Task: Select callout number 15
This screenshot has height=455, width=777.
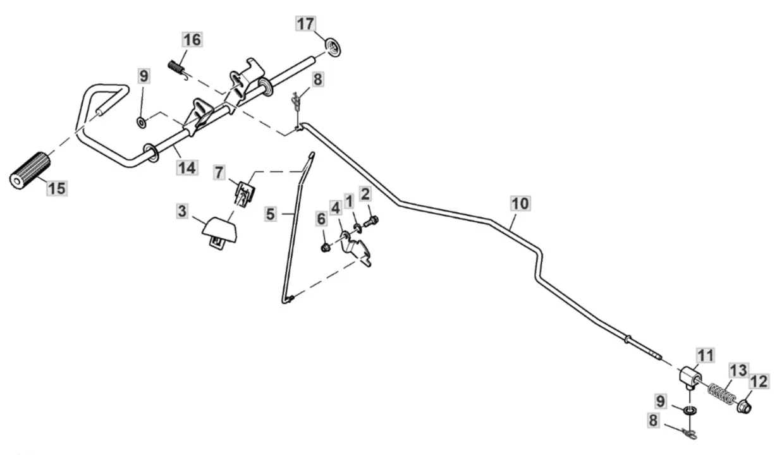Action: click(x=56, y=188)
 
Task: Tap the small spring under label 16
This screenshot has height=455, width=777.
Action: click(x=177, y=66)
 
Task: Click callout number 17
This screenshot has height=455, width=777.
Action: click(x=305, y=25)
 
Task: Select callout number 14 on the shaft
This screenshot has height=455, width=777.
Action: click(x=187, y=168)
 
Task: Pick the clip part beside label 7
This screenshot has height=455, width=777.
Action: click(x=243, y=190)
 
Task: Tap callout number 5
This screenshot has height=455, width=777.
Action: click(x=271, y=214)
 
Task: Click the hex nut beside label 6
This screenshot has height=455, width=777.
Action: click(x=324, y=247)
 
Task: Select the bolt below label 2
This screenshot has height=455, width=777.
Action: click(x=371, y=221)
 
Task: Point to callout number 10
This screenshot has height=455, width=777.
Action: click(x=521, y=203)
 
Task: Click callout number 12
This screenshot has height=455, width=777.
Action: click(x=759, y=382)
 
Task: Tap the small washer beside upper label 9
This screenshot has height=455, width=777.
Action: click(x=141, y=120)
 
